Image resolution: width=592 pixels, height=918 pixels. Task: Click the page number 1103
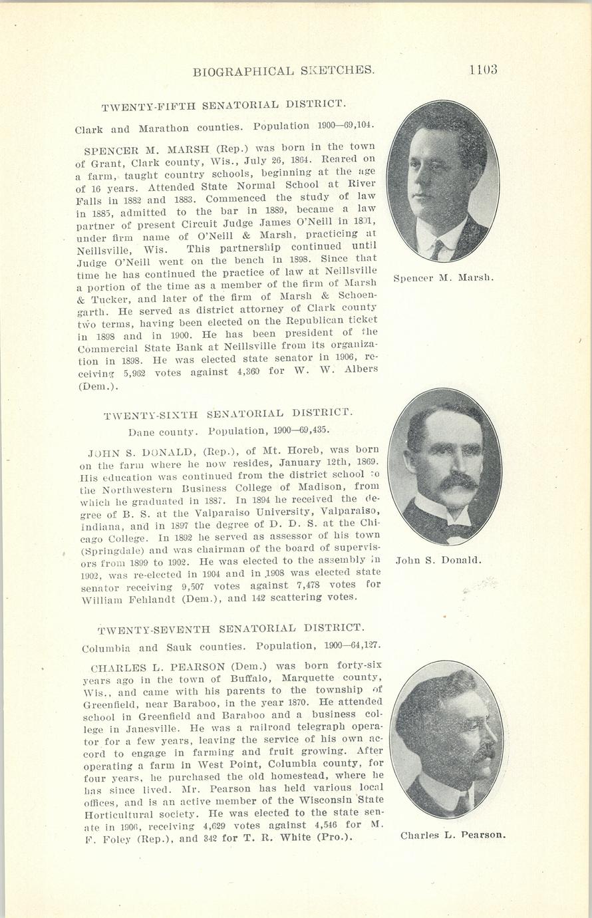[x=484, y=70]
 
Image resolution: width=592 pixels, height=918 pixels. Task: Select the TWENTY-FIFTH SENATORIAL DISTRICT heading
[x=223, y=105]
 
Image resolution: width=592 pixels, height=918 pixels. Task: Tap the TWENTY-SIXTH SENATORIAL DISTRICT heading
[x=229, y=414]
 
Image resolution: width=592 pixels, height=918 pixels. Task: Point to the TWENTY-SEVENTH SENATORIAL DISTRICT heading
[x=231, y=629]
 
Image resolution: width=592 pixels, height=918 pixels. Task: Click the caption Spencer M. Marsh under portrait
[x=443, y=277]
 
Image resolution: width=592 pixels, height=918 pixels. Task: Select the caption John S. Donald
[x=438, y=560]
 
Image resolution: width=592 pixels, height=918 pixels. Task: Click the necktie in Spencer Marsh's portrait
[x=436, y=250]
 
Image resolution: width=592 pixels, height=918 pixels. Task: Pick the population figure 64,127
[x=363, y=646]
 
